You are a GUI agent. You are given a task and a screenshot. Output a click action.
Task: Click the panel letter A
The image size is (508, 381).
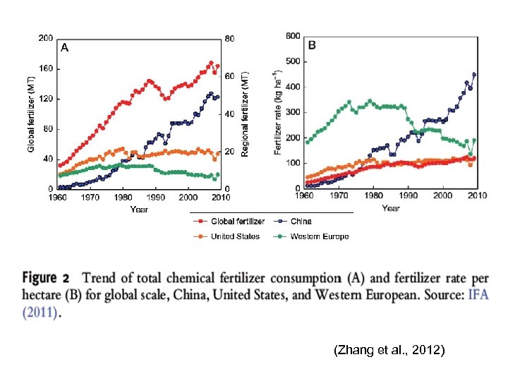[x=64, y=48]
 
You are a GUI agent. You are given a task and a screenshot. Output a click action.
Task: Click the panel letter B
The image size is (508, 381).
[x=313, y=45]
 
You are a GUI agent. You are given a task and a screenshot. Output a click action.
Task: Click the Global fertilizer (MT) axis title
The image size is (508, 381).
[x=31, y=114]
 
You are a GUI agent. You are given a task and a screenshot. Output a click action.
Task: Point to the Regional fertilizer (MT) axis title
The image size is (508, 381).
[x=246, y=114]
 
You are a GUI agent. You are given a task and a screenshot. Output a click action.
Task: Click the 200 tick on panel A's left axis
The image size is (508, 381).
[x=45, y=38]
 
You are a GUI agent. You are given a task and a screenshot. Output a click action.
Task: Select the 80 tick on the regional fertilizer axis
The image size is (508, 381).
[x=229, y=38]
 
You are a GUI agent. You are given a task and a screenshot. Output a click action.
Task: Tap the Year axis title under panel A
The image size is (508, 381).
[x=139, y=209]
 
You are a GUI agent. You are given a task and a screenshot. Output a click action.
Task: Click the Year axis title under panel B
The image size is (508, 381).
[x=391, y=208]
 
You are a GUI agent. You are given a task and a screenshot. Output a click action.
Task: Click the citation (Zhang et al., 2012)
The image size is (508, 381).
[x=389, y=349]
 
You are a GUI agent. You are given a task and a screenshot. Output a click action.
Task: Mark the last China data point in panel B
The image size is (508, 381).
[x=474, y=74]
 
